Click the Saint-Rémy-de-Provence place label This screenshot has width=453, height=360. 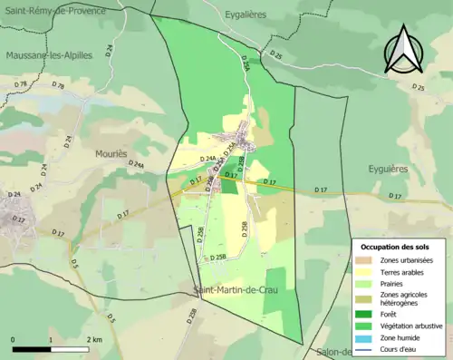[x=53, y=10]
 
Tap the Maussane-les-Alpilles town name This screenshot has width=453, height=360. [x=49, y=54]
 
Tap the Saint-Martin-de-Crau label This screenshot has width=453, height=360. [x=236, y=289]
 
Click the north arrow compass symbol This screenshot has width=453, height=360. [x=404, y=49]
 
